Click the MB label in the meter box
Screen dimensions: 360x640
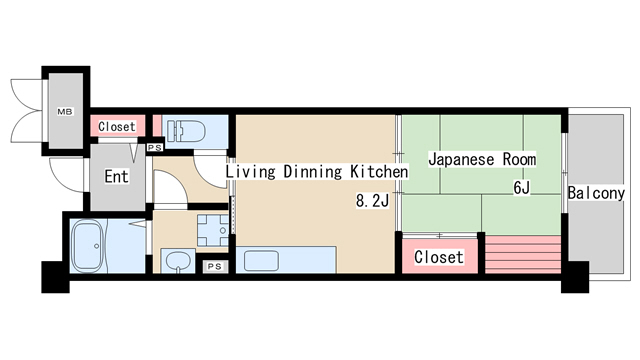pyautogui.click(x=64, y=111)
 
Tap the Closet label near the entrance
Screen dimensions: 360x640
pyautogui.click(x=117, y=127)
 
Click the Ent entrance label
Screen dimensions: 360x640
pyautogui.click(x=117, y=178)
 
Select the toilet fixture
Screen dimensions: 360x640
pyautogui.click(x=187, y=131)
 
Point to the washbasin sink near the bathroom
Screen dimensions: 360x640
pyautogui.click(x=177, y=263)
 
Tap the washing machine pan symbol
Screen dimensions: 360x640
pyautogui.click(x=211, y=229)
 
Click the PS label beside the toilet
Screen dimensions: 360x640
pyautogui.click(x=155, y=148)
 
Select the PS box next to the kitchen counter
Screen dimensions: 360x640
pyautogui.click(x=214, y=267)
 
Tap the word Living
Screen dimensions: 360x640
pyautogui.click(x=249, y=172)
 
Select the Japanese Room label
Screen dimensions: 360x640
pyautogui.click(x=482, y=159)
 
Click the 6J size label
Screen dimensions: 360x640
pyautogui.click(x=521, y=187)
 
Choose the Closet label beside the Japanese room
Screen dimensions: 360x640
pyautogui.click(x=439, y=257)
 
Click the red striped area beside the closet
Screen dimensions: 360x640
pyautogui.click(x=520, y=255)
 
